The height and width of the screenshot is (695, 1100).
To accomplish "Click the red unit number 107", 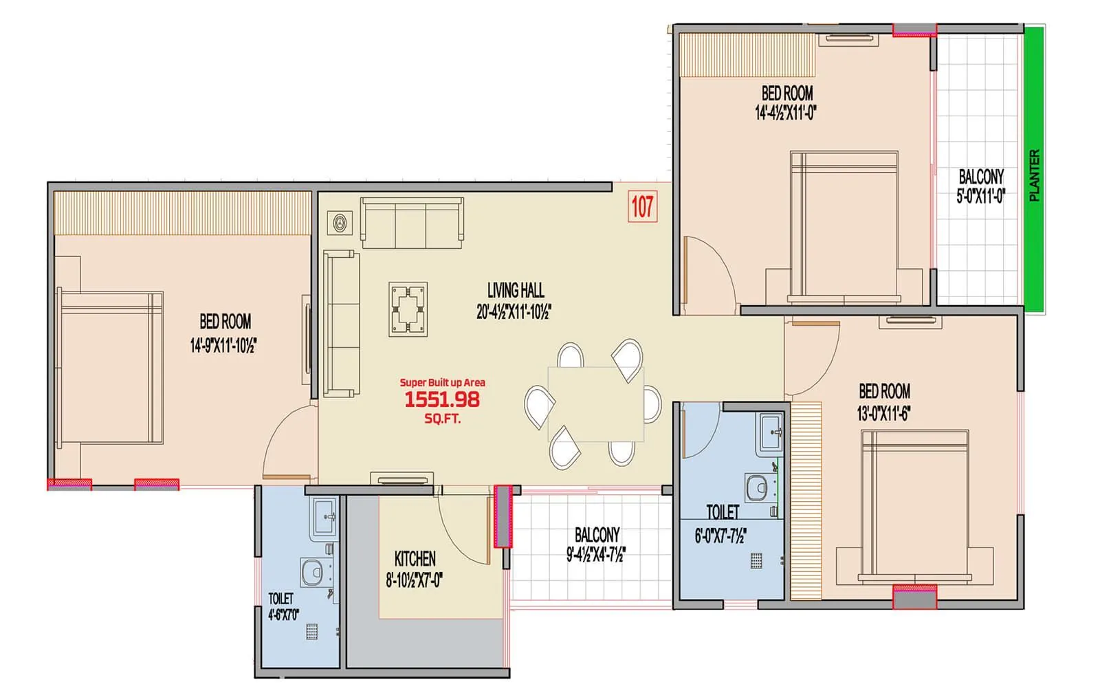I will [642, 206].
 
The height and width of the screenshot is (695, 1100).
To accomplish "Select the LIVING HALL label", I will [516, 290].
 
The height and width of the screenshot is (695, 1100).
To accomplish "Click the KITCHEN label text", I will [415, 558].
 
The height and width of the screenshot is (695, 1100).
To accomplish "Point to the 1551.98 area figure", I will [442, 399].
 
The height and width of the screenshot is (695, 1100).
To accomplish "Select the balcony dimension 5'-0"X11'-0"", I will [981, 197].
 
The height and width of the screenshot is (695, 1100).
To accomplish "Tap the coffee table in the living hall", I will [408, 309].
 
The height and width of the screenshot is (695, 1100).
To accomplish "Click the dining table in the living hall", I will [595, 404].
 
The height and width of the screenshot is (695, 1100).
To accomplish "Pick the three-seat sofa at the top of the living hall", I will [412, 223].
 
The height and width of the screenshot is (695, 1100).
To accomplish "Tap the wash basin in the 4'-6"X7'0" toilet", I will [324, 516].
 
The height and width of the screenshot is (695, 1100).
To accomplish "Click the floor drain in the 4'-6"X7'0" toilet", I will [312, 632].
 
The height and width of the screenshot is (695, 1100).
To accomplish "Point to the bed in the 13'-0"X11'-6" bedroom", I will [914, 505].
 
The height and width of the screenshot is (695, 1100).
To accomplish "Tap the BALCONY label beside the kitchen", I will [597, 534].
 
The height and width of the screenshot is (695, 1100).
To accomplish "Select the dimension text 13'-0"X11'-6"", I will [884, 414].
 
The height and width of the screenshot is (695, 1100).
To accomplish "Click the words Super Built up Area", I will [442, 382].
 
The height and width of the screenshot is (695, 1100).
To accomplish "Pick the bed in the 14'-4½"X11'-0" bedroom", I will [844, 227].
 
